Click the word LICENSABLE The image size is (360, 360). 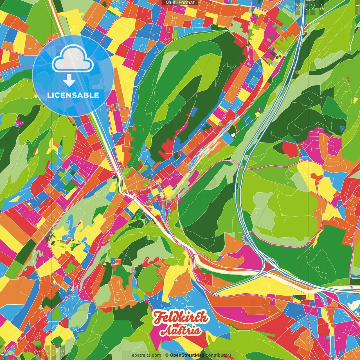73,95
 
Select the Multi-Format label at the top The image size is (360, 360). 180,3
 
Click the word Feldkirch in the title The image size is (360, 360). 181,318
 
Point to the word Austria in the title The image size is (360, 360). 181,331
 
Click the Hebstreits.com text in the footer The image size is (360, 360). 145,355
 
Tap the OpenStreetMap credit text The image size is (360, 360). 187,355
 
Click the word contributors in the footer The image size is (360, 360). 219,355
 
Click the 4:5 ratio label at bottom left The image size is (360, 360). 38,352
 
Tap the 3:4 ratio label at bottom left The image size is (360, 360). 47,352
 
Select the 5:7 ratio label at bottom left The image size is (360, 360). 54,352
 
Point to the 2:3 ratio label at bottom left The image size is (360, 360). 62,352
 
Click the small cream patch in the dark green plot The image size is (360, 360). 233,134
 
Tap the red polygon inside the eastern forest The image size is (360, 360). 290,149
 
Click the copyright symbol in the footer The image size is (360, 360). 166,355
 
